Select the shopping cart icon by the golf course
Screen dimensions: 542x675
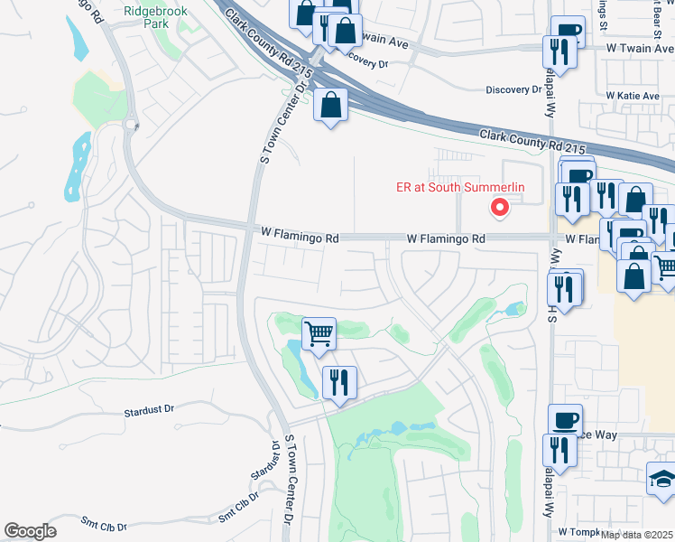[x=319, y=334]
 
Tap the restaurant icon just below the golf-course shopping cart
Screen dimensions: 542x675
[x=339, y=382]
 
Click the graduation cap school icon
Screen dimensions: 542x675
[x=662, y=480]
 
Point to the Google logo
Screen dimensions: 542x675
[x=30, y=531]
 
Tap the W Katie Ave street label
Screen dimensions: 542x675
[x=634, y=95]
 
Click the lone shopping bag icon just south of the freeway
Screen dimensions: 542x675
[x=331, y=105]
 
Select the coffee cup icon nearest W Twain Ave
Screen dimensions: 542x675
[x=566, y=33]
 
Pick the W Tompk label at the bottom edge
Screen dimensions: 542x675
[x=578, y=532]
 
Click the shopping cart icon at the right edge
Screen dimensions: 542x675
[x=665, y=266]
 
